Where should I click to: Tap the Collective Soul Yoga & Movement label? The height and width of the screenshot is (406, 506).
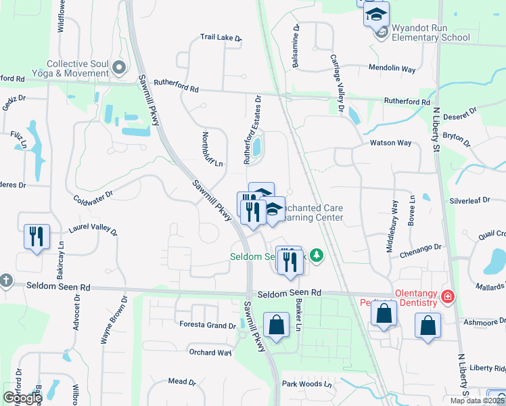[x=78, y=68]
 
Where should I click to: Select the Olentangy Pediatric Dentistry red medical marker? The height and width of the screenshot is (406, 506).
[x=446, y=296]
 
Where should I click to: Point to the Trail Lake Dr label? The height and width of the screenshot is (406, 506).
[x=221, y=38]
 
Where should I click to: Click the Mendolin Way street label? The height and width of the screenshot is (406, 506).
[x=392, y=68]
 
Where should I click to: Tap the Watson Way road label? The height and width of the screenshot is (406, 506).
[x=390, y=143]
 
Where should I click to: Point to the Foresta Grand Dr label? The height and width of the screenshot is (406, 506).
[x=207, y=325]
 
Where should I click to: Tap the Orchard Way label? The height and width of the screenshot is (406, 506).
[x=210, y=353]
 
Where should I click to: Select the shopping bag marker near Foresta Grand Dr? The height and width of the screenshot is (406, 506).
[x=277, y=325]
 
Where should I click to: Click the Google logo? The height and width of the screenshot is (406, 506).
[x=22, y=397]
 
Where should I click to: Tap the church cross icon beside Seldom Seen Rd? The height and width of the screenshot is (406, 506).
[x=5, y=280]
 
